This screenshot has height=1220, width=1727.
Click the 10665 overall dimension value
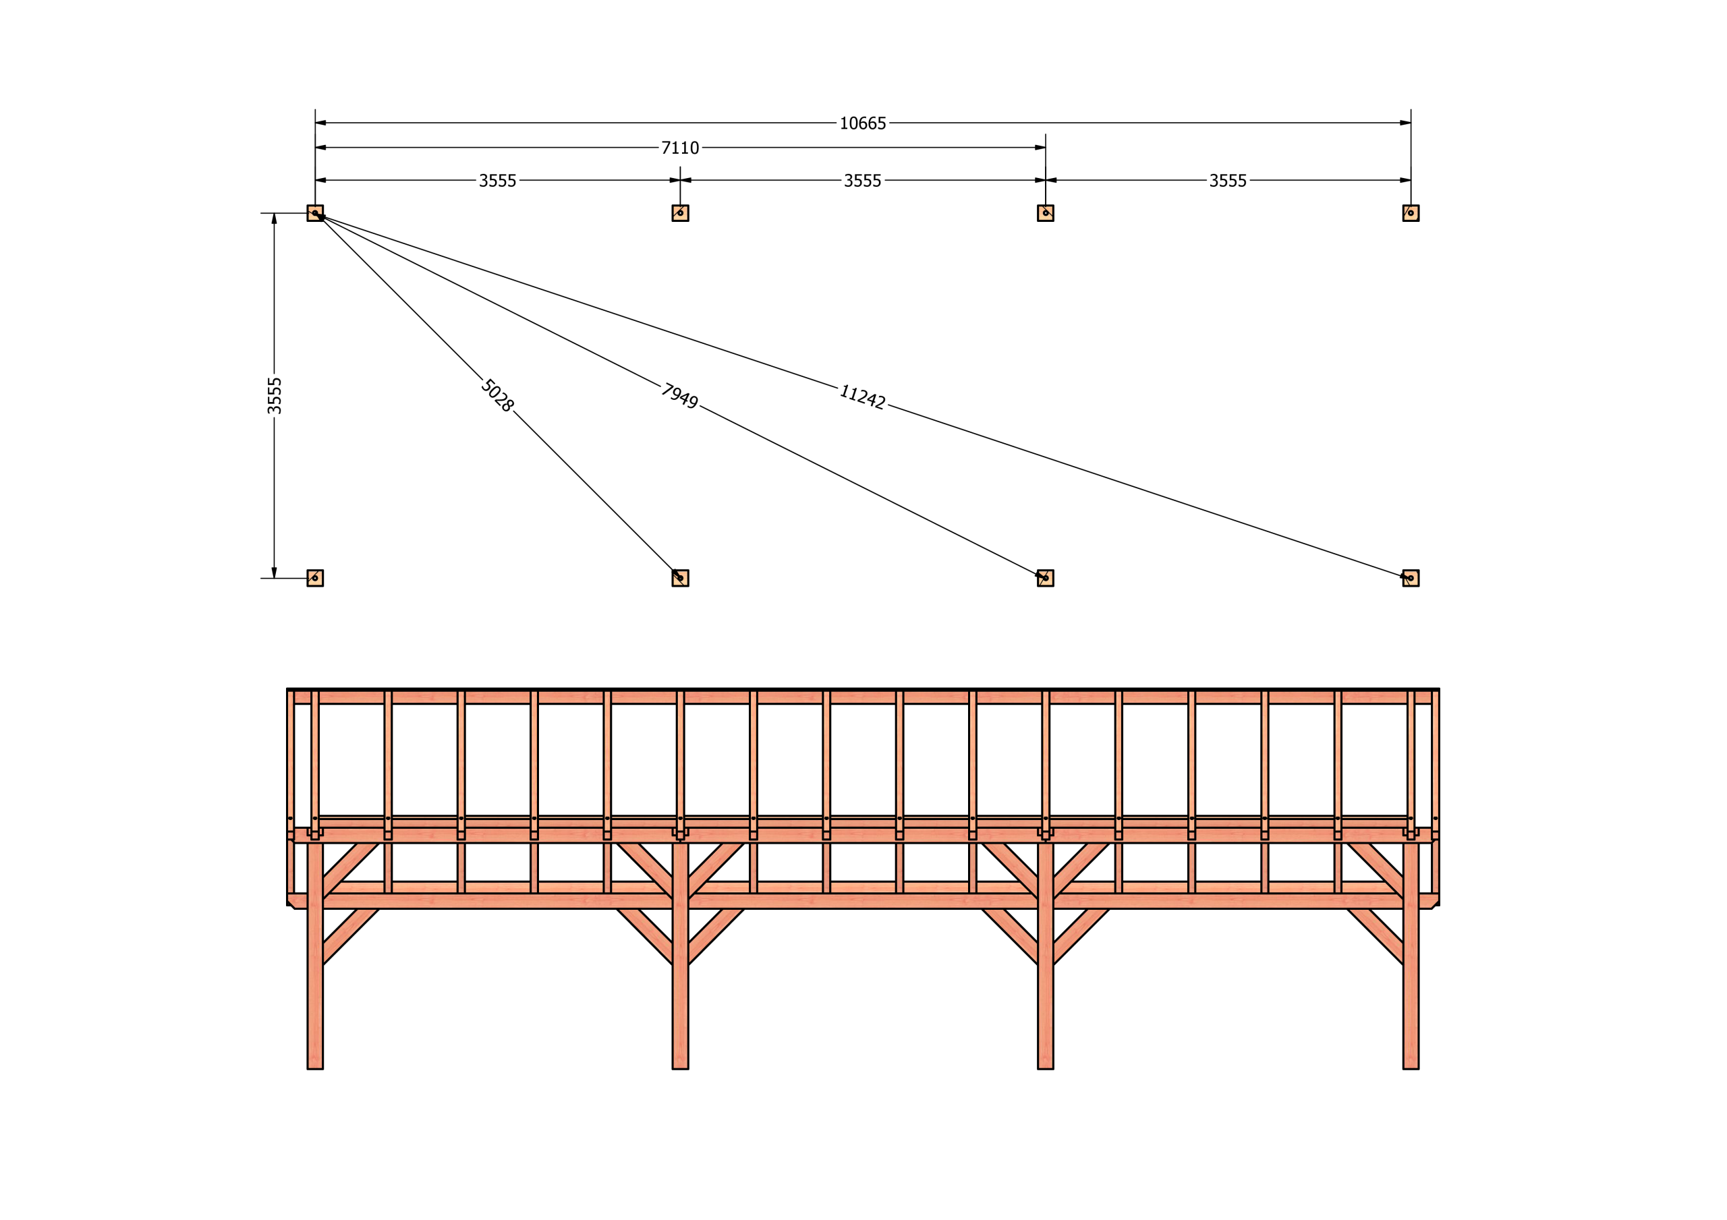[863, 123]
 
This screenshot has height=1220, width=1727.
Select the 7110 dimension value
[680, 148]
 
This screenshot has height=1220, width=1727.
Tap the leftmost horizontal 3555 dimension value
[498, 181]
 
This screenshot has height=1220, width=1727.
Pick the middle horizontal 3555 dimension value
[863, 181]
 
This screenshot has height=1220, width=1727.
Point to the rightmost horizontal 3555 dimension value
[1228, 181]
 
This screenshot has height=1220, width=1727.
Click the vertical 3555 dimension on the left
[275, 396]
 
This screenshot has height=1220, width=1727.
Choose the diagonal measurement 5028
[498, 396]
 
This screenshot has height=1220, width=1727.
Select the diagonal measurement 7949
[680, 396]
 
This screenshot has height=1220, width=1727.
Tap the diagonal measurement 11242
[863, 397]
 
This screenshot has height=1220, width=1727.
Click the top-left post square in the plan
[315, 213]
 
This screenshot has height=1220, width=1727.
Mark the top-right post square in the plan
[1411, 213]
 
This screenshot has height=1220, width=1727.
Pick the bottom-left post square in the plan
[315, 578]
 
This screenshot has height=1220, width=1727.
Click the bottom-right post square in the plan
[1411, 578]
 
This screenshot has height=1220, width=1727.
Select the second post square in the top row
[680, 213]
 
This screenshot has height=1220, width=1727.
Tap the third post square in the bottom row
[1046, 578]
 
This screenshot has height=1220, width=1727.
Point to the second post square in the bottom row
[680, 578]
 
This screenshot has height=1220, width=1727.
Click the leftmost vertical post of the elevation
[315, 955]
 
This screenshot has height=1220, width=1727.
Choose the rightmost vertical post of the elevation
[1411, 955]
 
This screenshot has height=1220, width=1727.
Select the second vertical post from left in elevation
[680, 955]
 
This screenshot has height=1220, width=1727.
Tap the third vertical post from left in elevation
[1046, 955]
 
